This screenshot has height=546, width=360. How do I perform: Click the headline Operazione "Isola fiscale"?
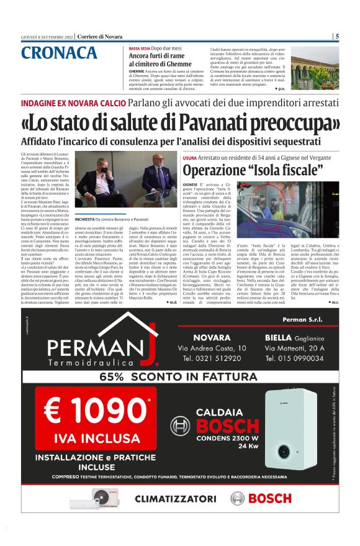click(x=253, y=169)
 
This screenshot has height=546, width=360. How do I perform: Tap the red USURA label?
click(x=190, y=158)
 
